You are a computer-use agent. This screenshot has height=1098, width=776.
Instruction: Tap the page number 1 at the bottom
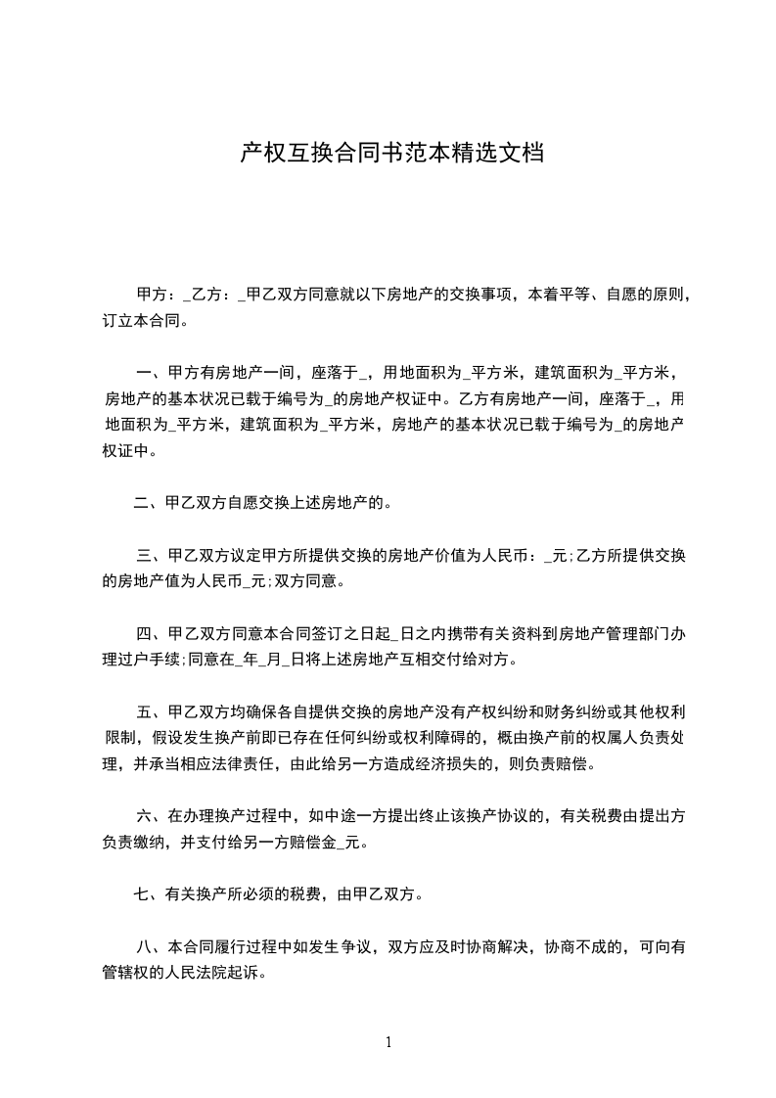point(388,1042)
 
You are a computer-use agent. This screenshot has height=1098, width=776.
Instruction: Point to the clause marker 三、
point(151,557)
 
